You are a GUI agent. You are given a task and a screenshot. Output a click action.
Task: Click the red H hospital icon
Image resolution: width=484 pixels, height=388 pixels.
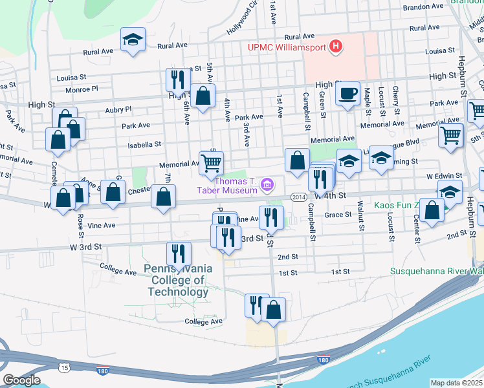pos(335,46)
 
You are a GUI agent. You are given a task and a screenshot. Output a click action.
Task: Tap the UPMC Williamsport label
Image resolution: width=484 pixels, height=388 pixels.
pos(288,47)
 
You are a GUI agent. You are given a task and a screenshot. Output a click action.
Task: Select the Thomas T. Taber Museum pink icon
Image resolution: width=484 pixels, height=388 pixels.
pos(268,186)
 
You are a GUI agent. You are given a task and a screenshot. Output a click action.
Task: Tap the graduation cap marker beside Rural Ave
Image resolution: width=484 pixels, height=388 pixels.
pos(133,40)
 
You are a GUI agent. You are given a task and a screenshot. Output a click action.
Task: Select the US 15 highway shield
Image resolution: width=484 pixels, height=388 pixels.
pos(64,368)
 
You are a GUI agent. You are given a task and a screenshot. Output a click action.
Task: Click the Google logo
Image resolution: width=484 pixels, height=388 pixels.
pos(21,380)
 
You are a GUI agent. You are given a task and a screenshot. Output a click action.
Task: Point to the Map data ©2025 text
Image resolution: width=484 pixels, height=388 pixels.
pos(456,383)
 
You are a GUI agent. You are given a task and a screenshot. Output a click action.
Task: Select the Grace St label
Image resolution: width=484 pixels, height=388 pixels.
pos(338,214)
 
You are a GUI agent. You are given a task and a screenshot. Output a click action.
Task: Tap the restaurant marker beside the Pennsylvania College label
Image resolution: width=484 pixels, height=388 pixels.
pos(179,254)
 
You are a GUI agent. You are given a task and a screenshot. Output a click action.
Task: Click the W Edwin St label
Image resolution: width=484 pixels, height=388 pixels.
pos(444,175)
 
